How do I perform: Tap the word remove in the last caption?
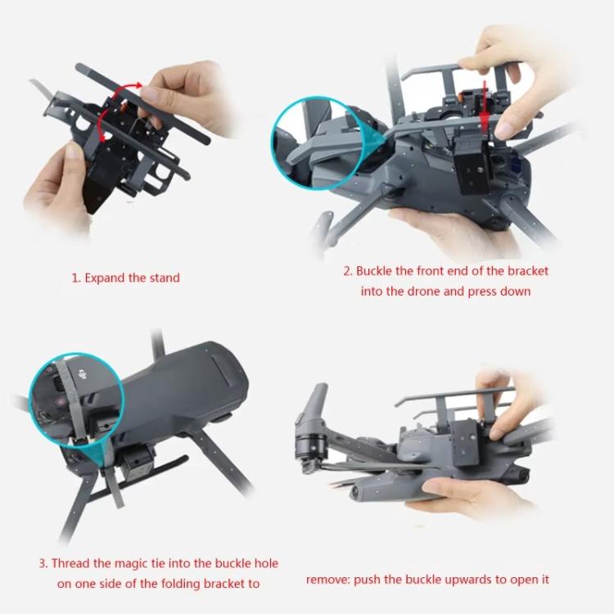[328, 580]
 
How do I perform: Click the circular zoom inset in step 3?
[74, 401]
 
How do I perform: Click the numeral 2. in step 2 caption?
[347, 271]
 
